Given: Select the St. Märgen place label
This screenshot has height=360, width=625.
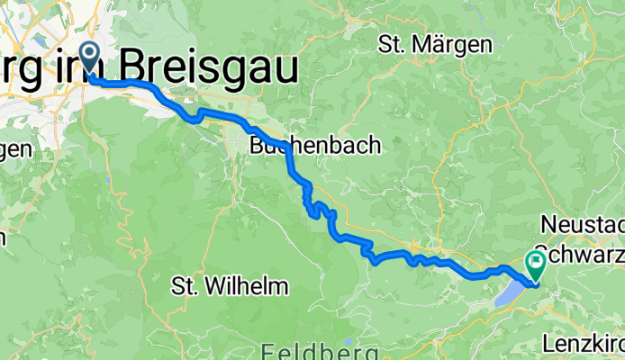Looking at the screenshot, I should coord(434,43).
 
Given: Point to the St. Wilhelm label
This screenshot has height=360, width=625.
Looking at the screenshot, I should coord(230,287).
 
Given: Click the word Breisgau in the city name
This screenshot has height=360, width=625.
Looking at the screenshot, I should coord(210,66).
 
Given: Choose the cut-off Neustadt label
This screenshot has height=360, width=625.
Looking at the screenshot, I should coord(583,222).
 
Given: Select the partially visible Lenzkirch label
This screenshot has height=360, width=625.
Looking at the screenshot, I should coord(584,343).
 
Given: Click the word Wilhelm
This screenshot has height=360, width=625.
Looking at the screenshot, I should coord(245,287).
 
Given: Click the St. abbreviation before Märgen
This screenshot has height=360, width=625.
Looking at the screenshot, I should coord(394,43).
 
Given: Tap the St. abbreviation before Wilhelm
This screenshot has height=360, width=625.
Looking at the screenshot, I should coord(185,287).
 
